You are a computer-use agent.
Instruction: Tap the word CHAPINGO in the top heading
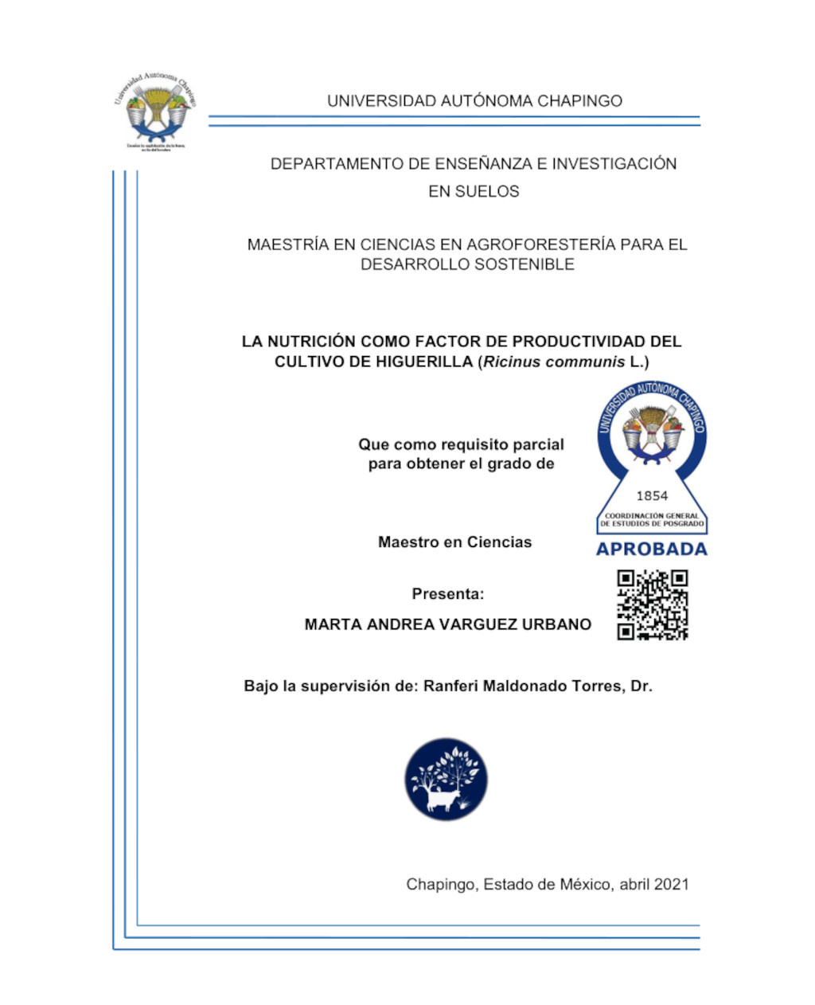pos(579,101)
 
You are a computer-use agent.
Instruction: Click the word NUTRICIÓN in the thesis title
pos(311,342)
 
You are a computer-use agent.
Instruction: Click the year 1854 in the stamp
pos(652,495)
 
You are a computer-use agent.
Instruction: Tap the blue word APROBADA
pos(652,549)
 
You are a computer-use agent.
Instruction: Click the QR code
pos(653,605)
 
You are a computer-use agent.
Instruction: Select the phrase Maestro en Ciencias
pos(454,542)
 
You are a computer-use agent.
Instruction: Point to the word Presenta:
pos(448,594)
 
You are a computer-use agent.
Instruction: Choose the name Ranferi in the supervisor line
pos(451,686)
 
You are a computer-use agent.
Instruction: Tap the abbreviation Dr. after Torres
pos(641,686)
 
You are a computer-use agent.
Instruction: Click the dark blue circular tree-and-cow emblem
pos(446,779)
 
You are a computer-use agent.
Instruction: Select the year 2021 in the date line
pos(671,884)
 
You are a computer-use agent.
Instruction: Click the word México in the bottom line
pos(586,884)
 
